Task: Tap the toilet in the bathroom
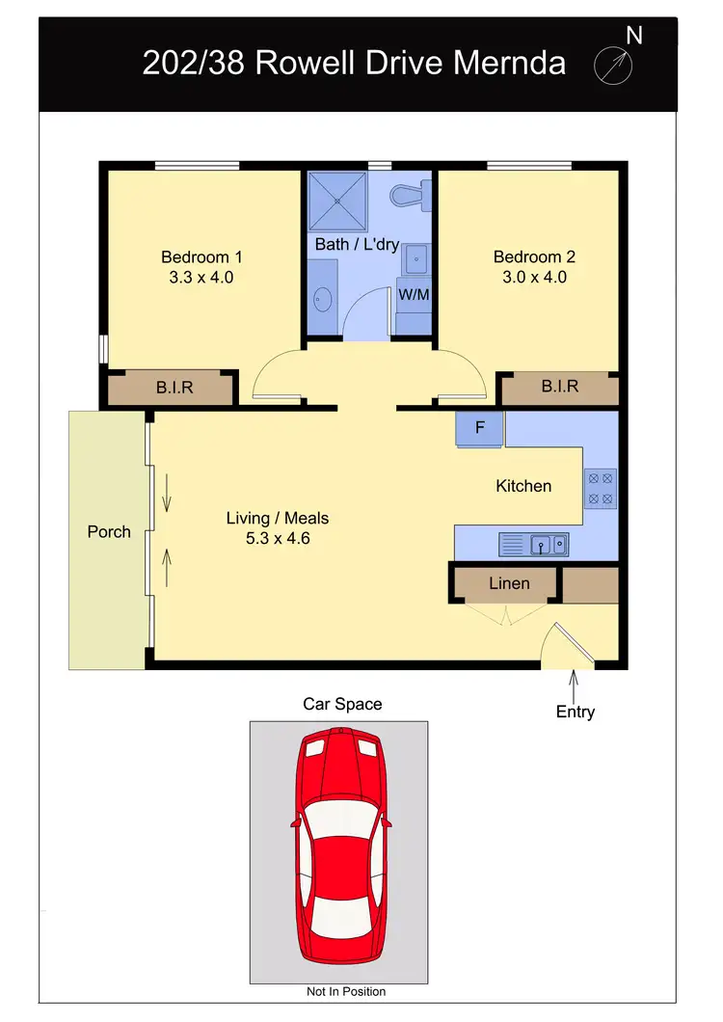pyautogui.click(x=411, y=197)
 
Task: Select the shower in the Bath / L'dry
pyautogui.click(x=337, y=201)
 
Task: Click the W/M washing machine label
pyautogui.click(x=414, y=294)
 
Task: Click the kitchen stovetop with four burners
pyautogui.click(x=600, y=488)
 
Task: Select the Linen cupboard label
pyautogui.click(x=508, y=583)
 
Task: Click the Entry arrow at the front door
pyautogui.click(x=575, y=686)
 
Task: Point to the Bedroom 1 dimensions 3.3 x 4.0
pyautogui.click(x=201, y=277)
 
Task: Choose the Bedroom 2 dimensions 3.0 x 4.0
pyautogui.click(x=534, y=277)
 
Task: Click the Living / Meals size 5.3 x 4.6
pyautogui.click(x=278, y=538)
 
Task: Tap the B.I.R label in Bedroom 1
pyautogui.click(x=176, y=388)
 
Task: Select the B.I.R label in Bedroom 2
pyautogui.click(x=559, y=387)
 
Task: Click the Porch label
pyautogui.click(x=109, y=531)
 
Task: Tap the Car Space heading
pyautogui.click(x=342, y=704)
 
